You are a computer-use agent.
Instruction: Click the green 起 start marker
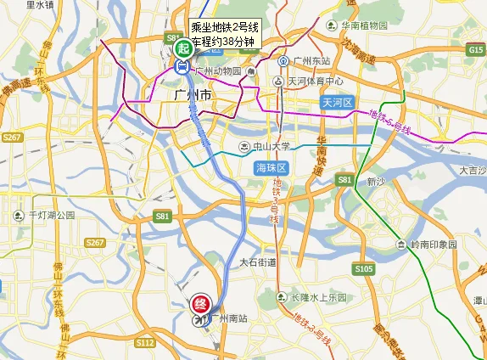coord(182,49)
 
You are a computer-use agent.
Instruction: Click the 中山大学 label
coord(269,146)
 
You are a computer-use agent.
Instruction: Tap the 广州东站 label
coord(305,60)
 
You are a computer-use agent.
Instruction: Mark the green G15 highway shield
coord(475,51)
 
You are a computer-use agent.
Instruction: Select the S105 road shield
coord(363,269)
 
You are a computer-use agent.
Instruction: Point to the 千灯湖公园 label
coord(52,216)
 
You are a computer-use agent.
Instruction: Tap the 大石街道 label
coord(258,262)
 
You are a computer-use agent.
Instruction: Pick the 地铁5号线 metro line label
coord(390,122)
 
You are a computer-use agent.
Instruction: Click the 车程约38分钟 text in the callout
coord(223,41)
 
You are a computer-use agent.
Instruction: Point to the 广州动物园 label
coord(220,70)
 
